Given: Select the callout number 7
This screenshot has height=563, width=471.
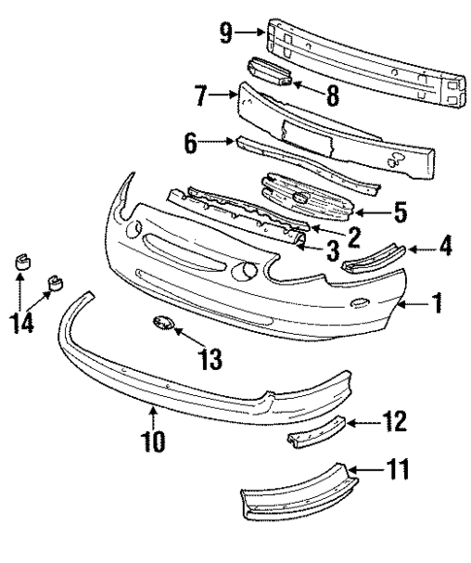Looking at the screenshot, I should click(x=201, y=96).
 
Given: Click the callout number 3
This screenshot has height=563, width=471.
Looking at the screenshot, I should click(x=331, y=254).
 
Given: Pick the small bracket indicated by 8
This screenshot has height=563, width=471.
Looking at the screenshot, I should click(x=271, y=74).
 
